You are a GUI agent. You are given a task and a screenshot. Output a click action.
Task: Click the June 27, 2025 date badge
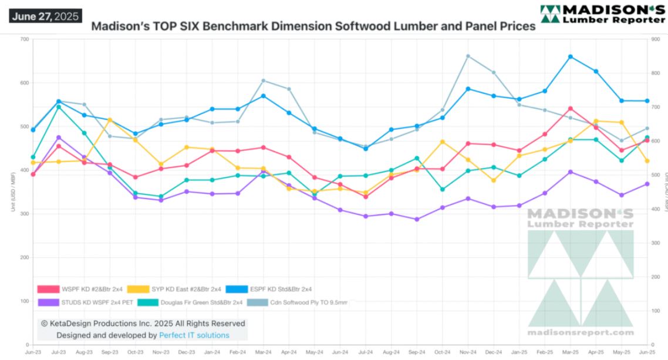pos(45,16)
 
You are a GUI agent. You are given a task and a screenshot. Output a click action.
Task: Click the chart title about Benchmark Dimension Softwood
pos(313,26)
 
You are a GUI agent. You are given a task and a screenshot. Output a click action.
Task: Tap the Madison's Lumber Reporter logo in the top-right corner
pos(602,14)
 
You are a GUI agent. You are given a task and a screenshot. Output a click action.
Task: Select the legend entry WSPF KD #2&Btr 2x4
pos(87,289)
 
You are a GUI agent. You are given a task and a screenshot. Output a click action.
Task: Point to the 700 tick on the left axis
pos(24,39)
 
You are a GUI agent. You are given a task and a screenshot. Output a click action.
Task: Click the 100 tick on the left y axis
pos(24,301)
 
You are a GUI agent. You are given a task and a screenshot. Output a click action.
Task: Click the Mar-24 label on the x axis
pos(263,352)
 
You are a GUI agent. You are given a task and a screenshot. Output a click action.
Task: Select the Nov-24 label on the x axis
pos(468,352)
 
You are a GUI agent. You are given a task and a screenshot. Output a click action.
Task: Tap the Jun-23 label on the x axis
pos(33,352)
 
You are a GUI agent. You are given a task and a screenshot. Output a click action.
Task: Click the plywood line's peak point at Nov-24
pos(468,56)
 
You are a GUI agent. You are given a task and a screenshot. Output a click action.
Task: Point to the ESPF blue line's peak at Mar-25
pos(571,57)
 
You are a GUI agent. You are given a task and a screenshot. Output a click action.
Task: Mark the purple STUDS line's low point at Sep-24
pos(417,220)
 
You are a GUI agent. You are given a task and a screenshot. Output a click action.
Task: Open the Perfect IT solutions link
pos(194,335)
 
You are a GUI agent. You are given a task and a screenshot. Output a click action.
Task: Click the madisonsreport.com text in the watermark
pos(581,333)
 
